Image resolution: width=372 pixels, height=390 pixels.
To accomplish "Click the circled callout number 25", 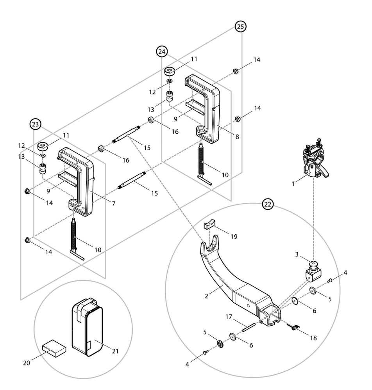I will coord(241,27).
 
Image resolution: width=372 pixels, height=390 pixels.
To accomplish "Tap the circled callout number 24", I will coord(162,51).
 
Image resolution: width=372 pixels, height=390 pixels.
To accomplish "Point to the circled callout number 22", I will coord(268,204).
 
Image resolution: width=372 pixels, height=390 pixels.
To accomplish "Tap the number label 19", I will coord(234,236).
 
